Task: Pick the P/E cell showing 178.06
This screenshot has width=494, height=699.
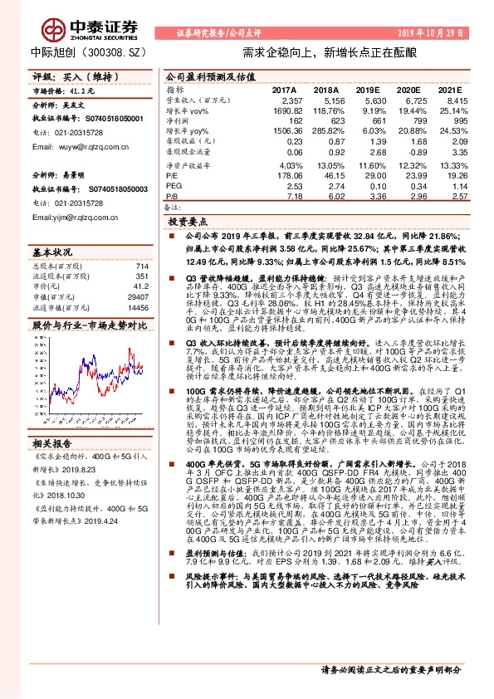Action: tap(285, 175)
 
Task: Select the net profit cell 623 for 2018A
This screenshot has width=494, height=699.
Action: tap(331, 120)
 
